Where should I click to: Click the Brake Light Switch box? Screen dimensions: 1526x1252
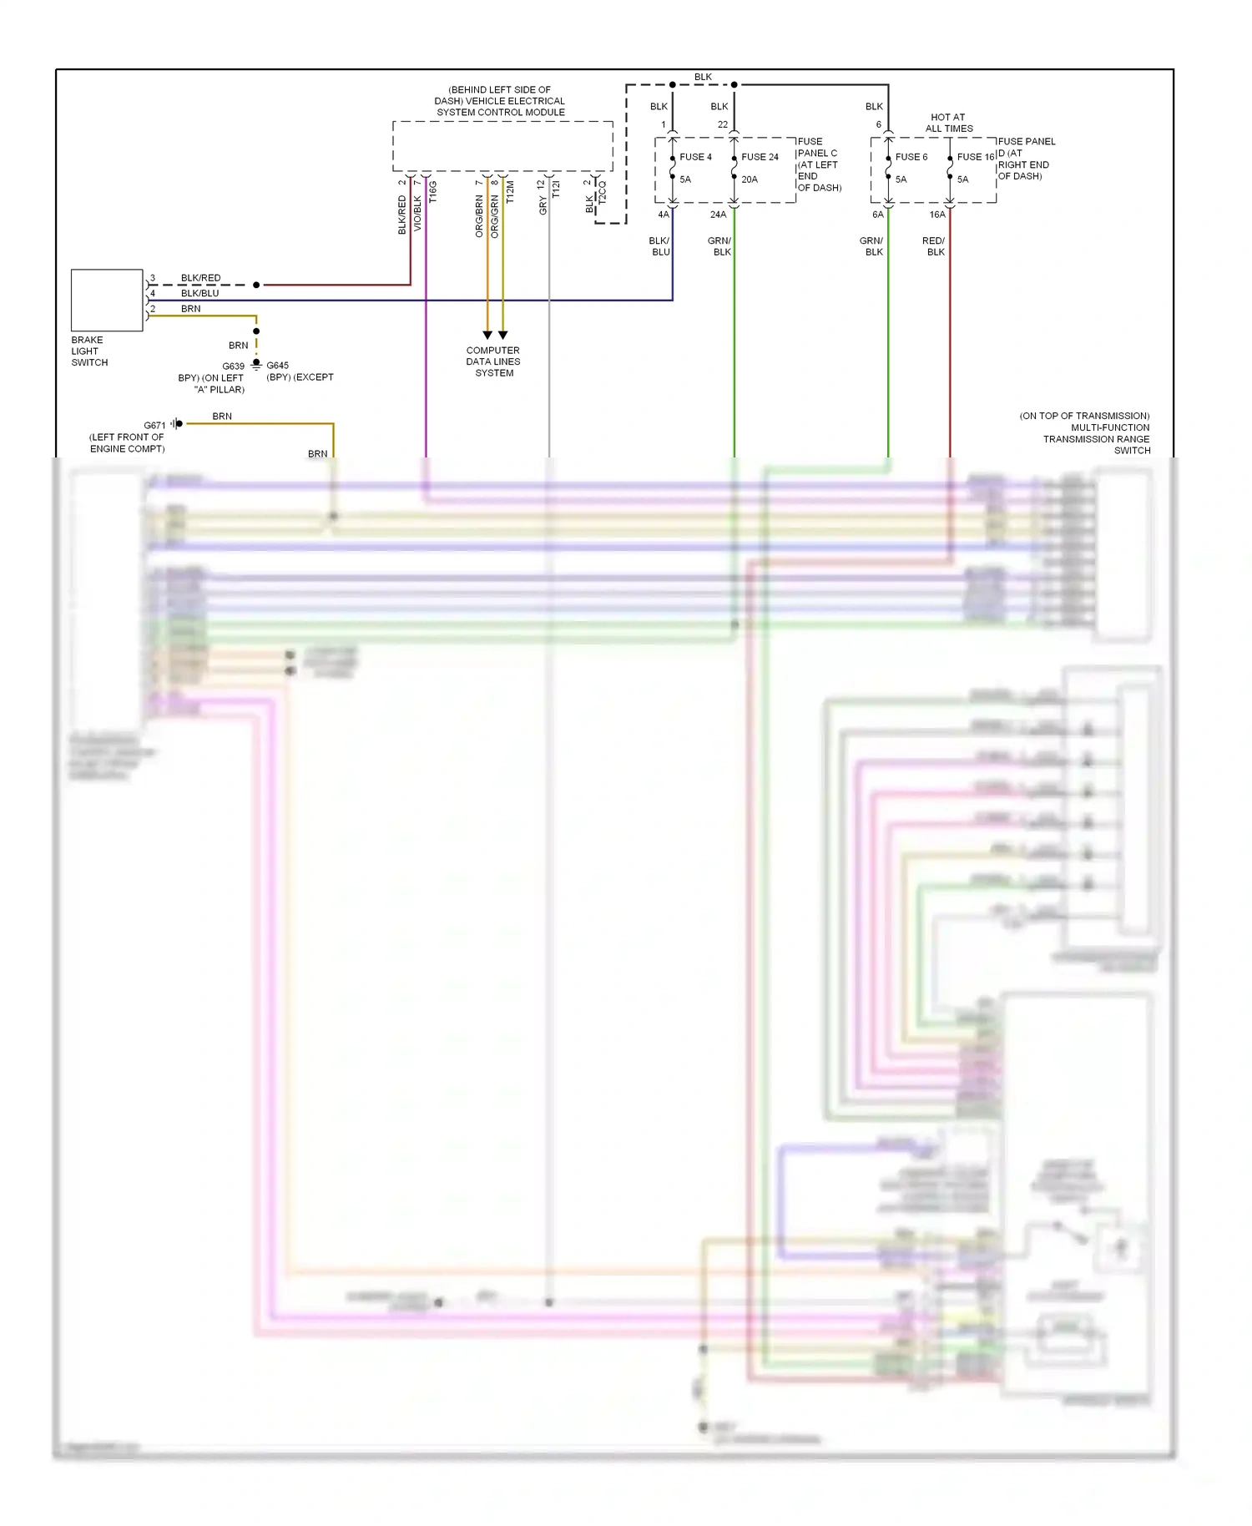(107, 300)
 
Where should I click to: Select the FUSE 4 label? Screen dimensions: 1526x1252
(695, 157)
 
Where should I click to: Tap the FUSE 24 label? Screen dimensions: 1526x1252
(760, 157)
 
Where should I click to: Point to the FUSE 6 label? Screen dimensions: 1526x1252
(911, 157)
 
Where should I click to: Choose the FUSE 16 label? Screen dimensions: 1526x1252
(976, 157)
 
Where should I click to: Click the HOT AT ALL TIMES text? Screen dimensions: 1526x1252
(949, 123)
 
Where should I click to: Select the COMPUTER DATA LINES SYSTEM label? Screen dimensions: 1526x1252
(493, 361)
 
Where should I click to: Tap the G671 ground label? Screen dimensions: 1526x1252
(154, 426)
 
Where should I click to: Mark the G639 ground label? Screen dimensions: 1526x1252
(234, 366)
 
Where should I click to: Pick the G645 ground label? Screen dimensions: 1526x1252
(278, 366)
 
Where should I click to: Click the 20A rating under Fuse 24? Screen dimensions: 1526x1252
(750, 179)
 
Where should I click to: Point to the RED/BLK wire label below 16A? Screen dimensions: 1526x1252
(935, 246)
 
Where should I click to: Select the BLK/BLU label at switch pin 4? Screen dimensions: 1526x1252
(200, 293)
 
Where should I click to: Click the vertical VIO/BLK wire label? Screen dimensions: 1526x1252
(418, 214)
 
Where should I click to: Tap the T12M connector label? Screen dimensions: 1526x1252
(510, 192)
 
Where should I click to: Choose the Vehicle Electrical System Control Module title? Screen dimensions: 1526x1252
(500, 101)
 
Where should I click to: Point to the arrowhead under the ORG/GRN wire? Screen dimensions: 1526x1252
(502, 335)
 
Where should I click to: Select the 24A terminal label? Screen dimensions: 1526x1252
(718, 215)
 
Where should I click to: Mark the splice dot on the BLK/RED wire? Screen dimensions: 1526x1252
(256, 285)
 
